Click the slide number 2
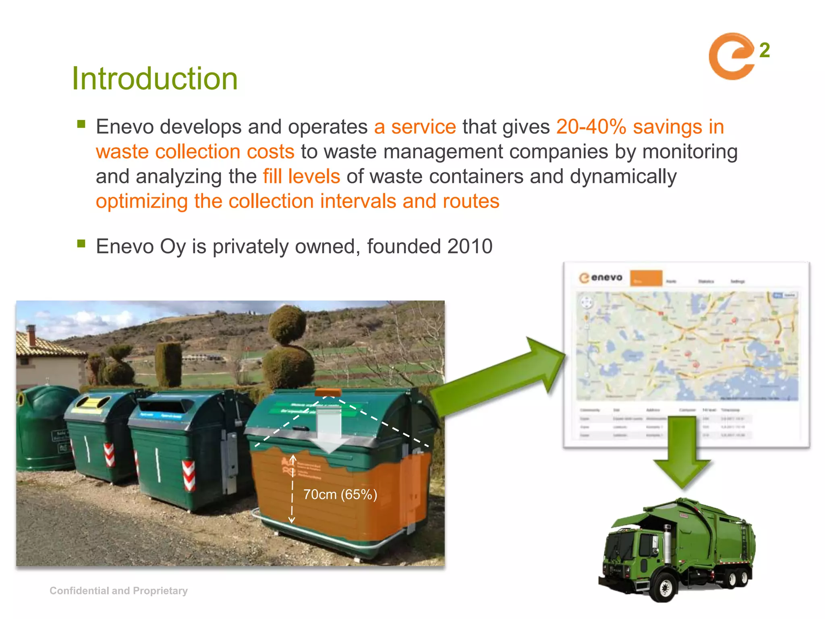[764, 51]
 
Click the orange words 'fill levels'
[301, 177]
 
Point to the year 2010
[470, 246]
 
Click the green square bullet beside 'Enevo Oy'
[81, 243]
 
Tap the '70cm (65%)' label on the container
[340, 494]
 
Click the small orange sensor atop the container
[328, 392]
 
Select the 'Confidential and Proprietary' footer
[118, 591]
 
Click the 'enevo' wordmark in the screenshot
[606, 277]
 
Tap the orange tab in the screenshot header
[646, 278]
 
